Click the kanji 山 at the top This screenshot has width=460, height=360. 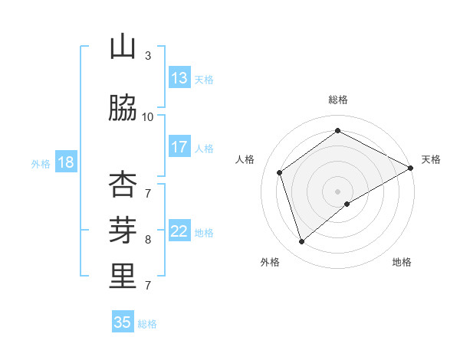tap(123, 47)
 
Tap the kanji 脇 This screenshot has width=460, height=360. tap(123, 109)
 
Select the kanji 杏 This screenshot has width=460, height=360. tap(123, 184)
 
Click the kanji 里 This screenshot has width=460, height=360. tap(123, 277)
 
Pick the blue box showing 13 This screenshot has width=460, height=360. tap(179, 78)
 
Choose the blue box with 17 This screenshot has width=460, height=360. tap(179, 147)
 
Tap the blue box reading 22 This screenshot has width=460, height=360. tap(179, 232)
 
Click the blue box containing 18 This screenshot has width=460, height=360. tap(65, 162)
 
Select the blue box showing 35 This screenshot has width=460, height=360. tap(123, 322)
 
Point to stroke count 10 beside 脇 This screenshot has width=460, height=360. tap(147, 116)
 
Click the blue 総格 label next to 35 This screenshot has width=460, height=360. tap(147, 324)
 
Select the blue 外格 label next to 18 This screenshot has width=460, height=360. tap(40, 163)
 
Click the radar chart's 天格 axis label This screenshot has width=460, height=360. tap(431, 159)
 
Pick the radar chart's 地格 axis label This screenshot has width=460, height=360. tap(402, 262)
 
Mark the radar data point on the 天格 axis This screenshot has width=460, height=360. tap(411, 168)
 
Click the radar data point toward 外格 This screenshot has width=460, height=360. tap(301, 242)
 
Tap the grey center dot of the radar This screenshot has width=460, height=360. tap(337, 191)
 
